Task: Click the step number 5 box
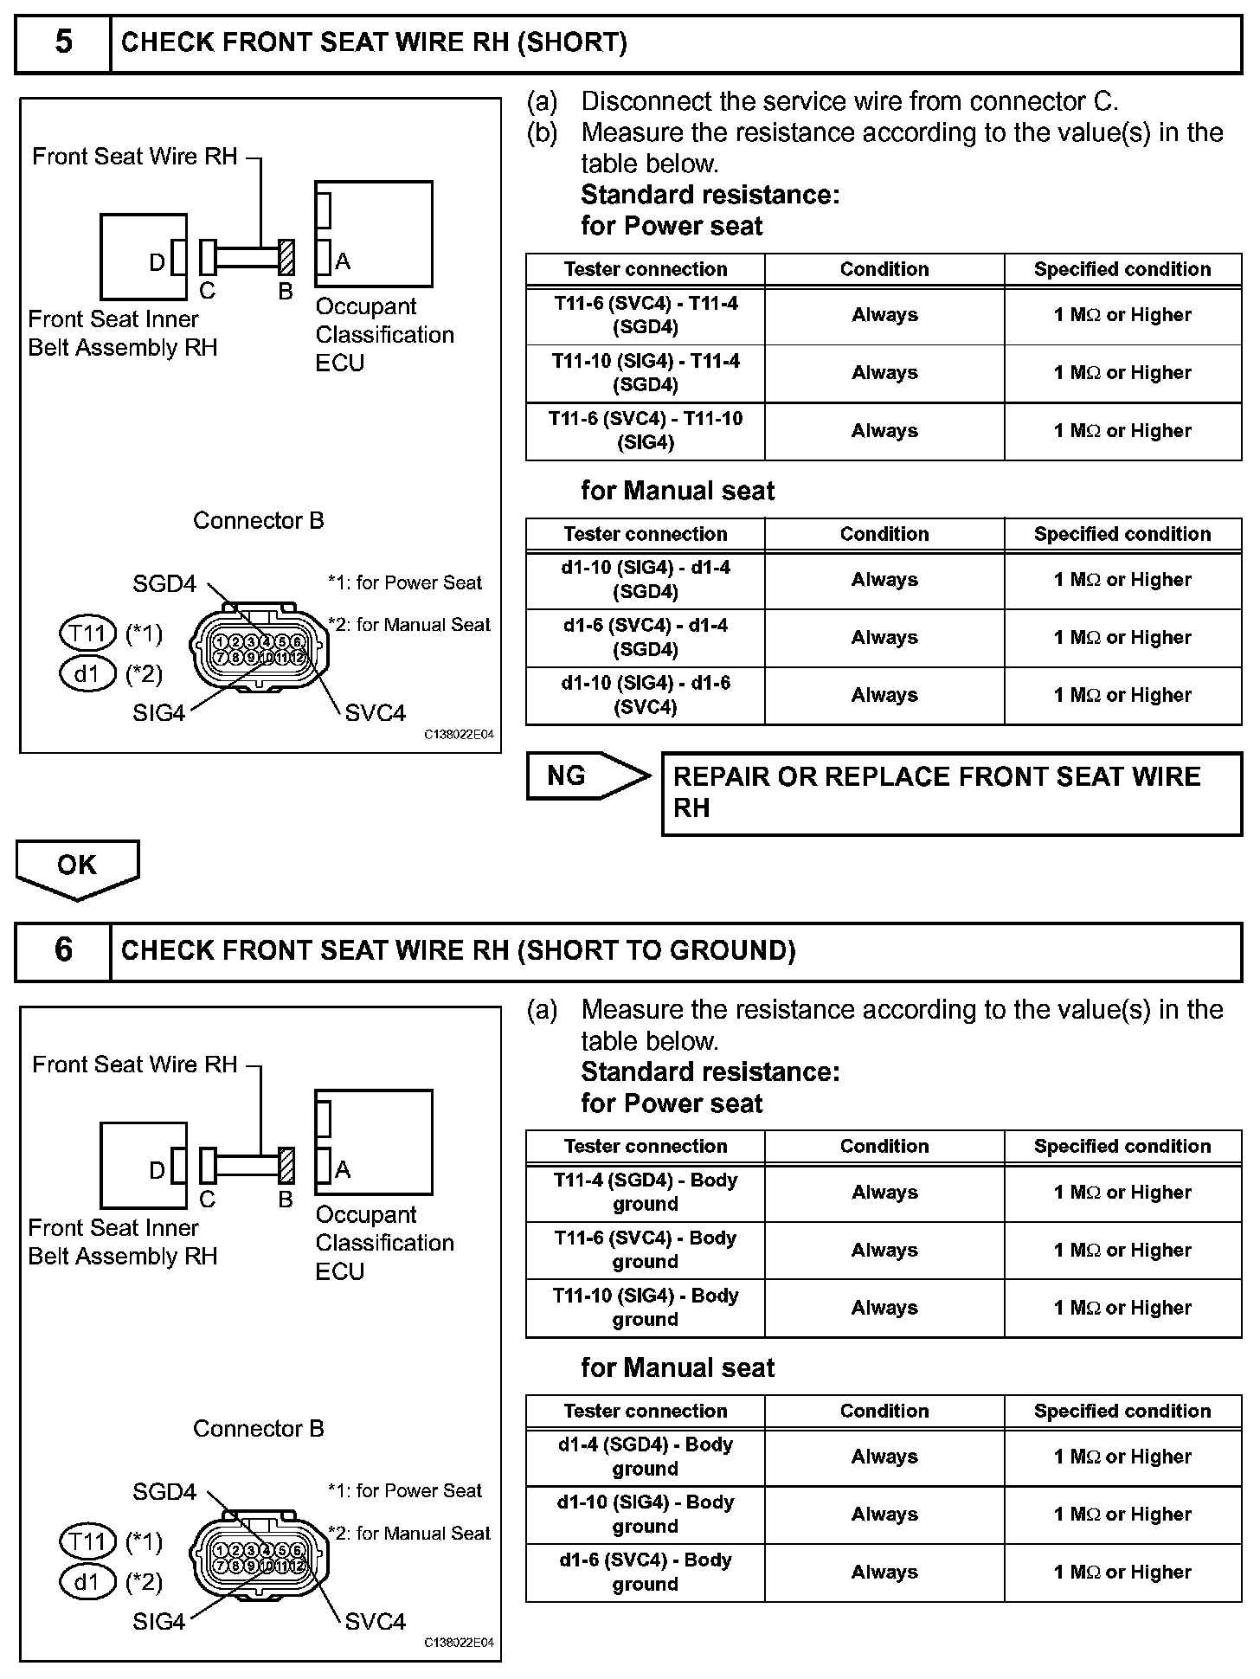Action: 63,42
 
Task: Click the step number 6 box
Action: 63,950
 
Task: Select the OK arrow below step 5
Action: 77,867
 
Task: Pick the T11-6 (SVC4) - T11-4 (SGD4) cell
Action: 646,316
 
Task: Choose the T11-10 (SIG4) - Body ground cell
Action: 646,1308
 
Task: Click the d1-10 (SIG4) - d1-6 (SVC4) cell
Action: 646,695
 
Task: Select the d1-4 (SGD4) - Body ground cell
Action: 646,1457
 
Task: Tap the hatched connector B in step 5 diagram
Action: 286,257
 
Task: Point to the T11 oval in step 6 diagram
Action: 87,1541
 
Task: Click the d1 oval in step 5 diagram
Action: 87,673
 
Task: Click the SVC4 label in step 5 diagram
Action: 375,713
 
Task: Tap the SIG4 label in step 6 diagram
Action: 158,1621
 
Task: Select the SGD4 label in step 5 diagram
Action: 164,584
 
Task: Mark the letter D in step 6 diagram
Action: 157,1170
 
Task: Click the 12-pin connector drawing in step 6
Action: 260,1557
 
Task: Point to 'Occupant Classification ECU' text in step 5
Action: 383,335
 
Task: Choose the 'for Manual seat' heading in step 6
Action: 678,1367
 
